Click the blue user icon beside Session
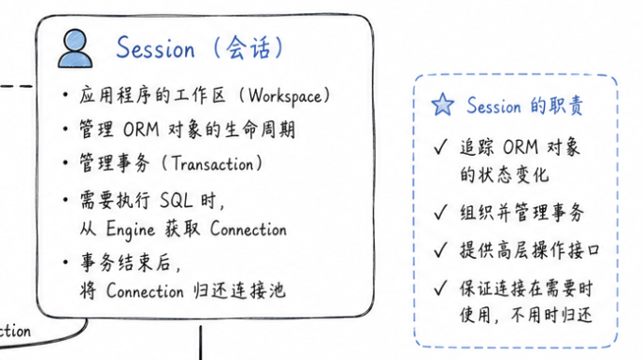tap(76, 48)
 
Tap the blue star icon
tap(443, 105)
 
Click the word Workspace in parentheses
tap(285, 97)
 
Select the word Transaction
tap(212, 163)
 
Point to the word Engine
tap(130, 230)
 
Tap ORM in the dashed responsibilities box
tap(520, 147)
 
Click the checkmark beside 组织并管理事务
tap(441, 213)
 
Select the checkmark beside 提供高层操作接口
tap(441, 249)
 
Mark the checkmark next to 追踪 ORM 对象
tap(441, 146)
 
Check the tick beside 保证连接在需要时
tap(441, 287)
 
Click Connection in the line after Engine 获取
tap(248, 229)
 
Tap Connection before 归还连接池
tap(144, 291)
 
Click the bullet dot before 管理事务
tap(65, 163)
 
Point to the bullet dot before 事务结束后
tap(65, 262)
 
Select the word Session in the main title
tap(156, 47)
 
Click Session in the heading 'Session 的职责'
tap(494, 106)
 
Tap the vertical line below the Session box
tap(200, 343)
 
